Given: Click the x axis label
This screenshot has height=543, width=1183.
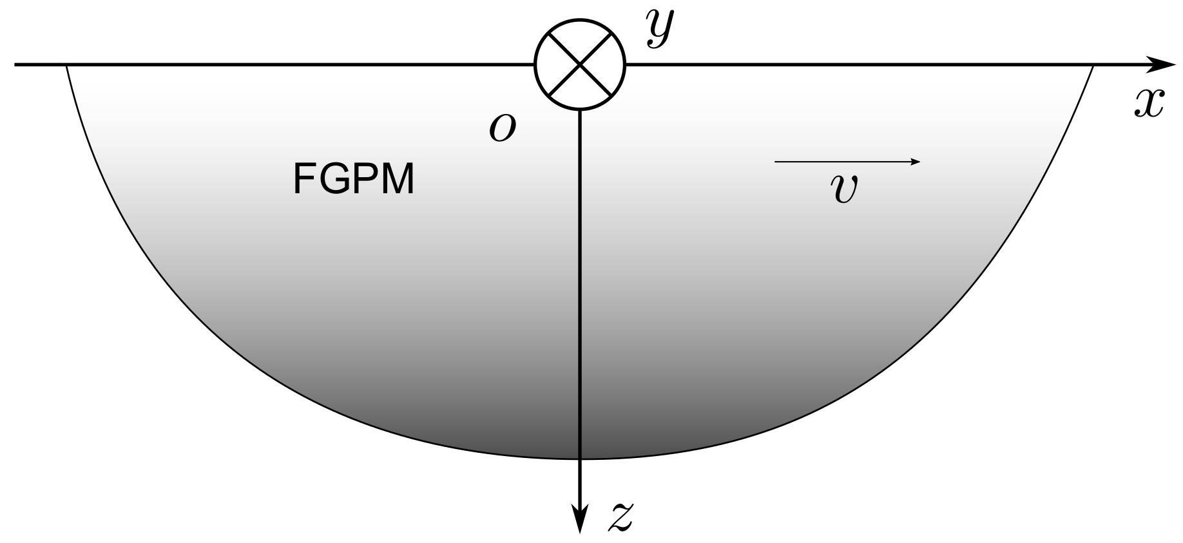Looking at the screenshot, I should (1149, 104).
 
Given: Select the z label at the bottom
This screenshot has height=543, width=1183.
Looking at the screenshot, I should (620, 516).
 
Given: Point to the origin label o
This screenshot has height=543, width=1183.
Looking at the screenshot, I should (503, 128).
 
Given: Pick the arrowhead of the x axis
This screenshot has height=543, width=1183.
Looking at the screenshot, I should (1164, 64).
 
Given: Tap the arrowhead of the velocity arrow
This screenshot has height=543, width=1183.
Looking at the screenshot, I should (916, 162).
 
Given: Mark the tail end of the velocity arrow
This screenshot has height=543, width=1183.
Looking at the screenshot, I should (775, 162).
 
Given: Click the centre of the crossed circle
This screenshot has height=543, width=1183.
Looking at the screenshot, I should (581, 64).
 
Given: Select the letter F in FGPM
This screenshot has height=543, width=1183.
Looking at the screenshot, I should (303, 179).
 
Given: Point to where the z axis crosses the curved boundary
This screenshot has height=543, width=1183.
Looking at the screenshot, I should (581, 459).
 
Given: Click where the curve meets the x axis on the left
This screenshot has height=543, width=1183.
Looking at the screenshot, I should (66, 65).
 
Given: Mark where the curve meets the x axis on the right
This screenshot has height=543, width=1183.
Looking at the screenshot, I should (1093, 65).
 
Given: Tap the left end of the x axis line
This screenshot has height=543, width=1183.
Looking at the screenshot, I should (15, 64).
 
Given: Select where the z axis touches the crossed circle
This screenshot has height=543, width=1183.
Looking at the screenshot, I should (581, 110).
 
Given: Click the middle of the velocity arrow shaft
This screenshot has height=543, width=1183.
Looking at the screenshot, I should (845, 162).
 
